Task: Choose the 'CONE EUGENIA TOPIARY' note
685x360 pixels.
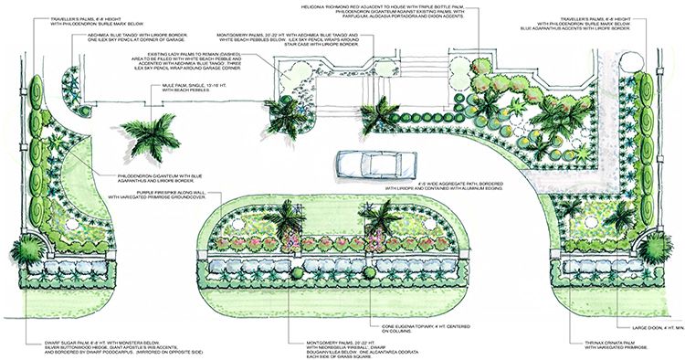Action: point(410,324)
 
